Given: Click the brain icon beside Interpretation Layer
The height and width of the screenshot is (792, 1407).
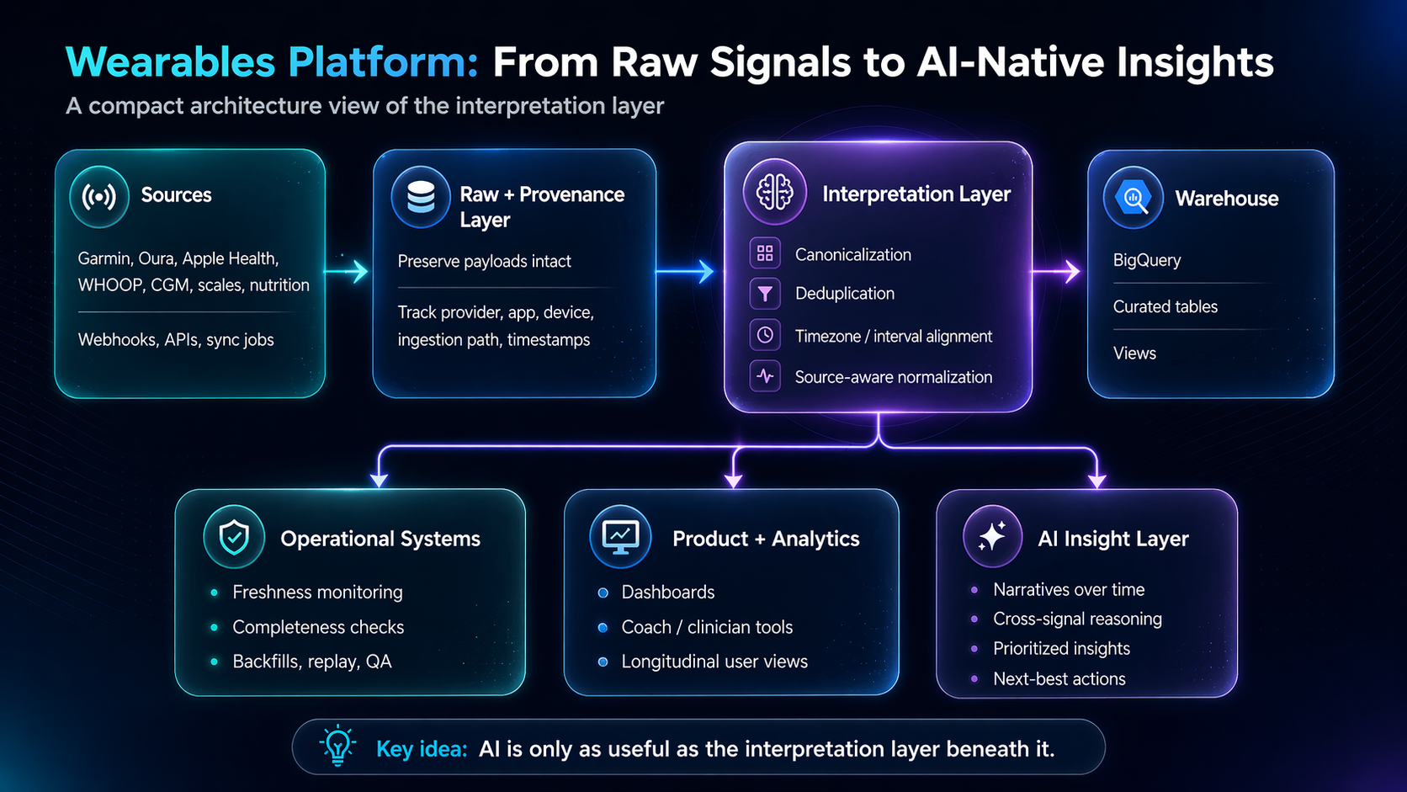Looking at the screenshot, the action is click(x=774, y=192).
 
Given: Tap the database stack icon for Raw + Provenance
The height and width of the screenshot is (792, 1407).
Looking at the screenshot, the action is click(x=421, y=197).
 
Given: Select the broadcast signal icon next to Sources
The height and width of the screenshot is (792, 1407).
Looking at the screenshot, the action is click(x=99, y=197).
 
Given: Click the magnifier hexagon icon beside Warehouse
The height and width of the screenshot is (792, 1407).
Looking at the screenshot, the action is click(x=1134, y=198).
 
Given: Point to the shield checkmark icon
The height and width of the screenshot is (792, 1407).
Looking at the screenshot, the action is click(x=234, y=538).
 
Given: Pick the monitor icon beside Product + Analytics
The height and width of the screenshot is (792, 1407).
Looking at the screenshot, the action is click(x=620, y=538).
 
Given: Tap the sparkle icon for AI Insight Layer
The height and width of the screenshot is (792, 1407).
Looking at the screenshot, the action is click(x=992, y=537).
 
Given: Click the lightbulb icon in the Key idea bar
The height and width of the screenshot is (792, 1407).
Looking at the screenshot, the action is click(x=338, y=747).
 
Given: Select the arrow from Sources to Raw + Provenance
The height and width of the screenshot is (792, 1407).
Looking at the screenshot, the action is click(x=346, y=271).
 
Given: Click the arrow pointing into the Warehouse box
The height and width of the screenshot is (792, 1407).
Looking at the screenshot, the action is click(x=1056, y=271).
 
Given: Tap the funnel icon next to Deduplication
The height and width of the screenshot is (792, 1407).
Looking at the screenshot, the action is click(x=765, y=293).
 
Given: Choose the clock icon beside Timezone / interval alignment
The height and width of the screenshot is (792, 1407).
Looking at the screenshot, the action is click(x=765, y=335).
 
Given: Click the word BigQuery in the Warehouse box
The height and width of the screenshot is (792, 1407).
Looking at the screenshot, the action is click(x=1147, y=260).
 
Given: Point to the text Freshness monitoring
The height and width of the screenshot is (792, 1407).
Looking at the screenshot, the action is click(x=317, y=593).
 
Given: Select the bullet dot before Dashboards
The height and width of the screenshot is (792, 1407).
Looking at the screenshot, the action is click(x=603, y=593).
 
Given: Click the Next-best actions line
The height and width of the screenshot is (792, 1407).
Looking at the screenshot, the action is click(x=1059, y=679).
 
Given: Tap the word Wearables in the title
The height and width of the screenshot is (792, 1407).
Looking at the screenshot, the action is click(x=170, y=61).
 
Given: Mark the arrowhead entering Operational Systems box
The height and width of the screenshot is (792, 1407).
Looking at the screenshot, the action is click(x=379, y=480).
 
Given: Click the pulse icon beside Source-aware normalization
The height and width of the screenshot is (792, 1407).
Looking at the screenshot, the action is click(x=765, y=376).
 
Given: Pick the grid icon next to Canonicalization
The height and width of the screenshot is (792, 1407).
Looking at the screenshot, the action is click(x=765, y=253).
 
